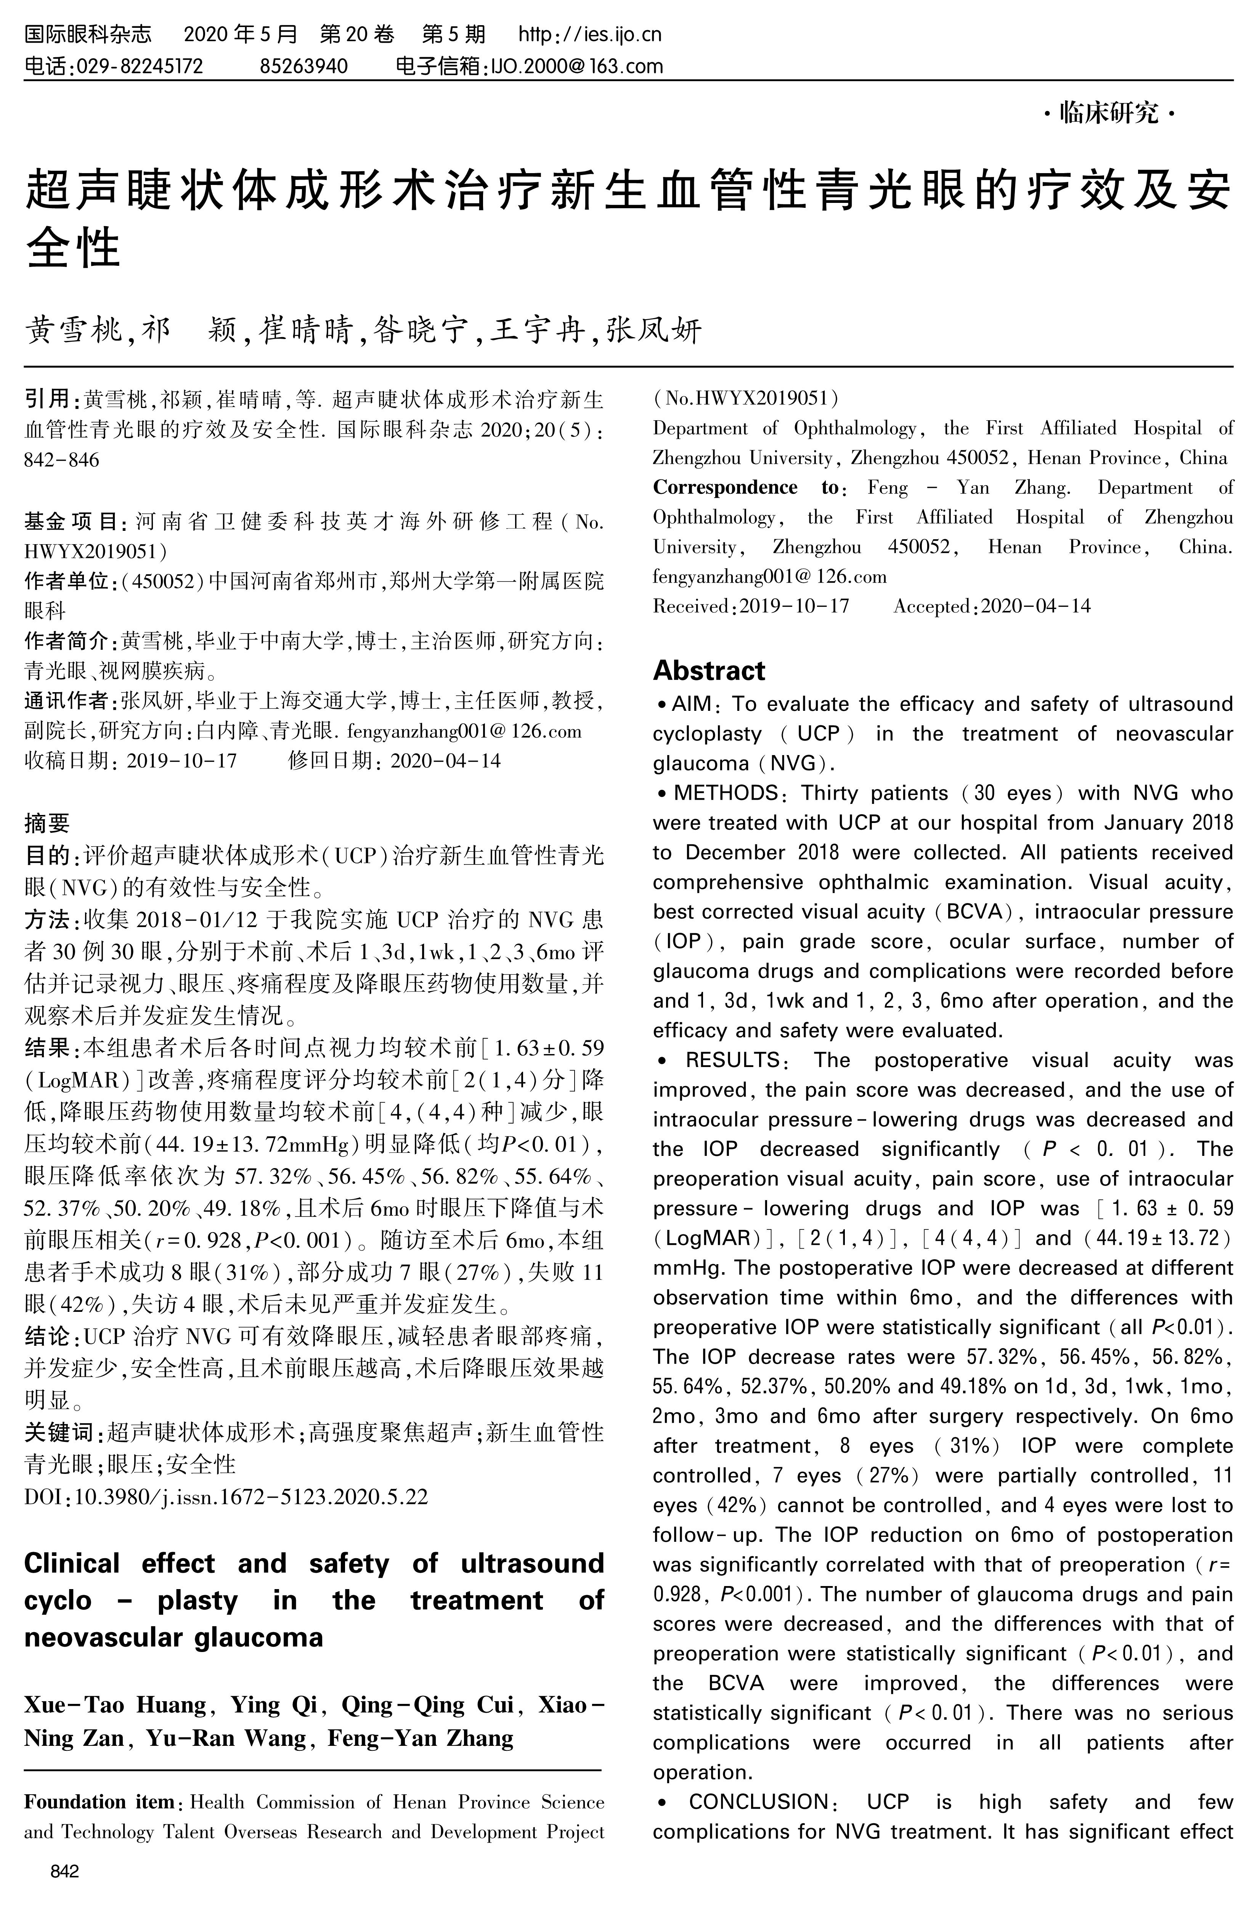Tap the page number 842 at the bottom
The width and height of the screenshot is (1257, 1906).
coord(64,1872)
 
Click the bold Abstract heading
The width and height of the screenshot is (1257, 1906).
coord(709,670)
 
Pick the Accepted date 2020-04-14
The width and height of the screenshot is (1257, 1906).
coord(1036,606)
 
